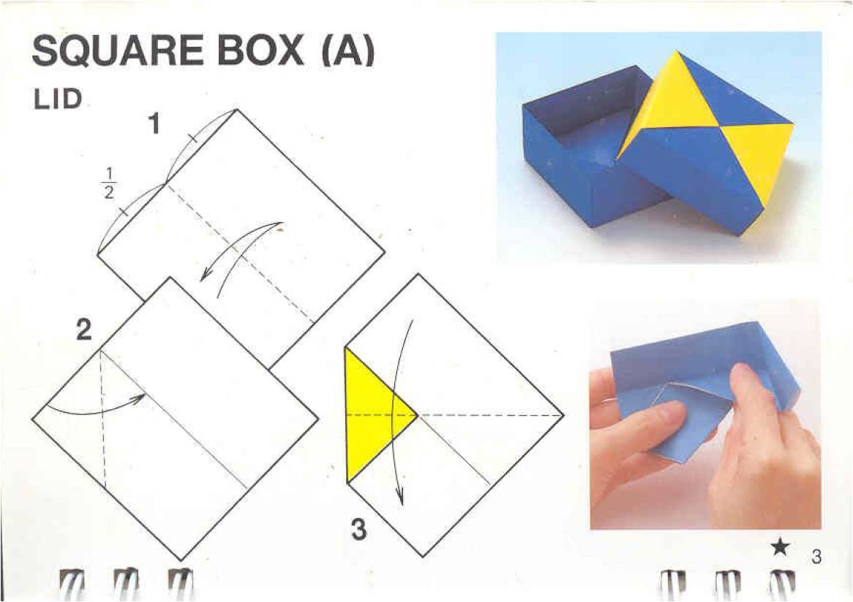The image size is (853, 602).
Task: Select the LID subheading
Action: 57,99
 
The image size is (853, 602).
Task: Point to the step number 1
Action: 155,124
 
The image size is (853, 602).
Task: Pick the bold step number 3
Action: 358,530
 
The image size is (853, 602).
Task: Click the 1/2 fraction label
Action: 109,183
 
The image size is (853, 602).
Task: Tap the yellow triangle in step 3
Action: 375,415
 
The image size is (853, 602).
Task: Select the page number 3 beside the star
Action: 816,557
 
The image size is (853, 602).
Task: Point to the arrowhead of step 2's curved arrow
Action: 140,397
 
